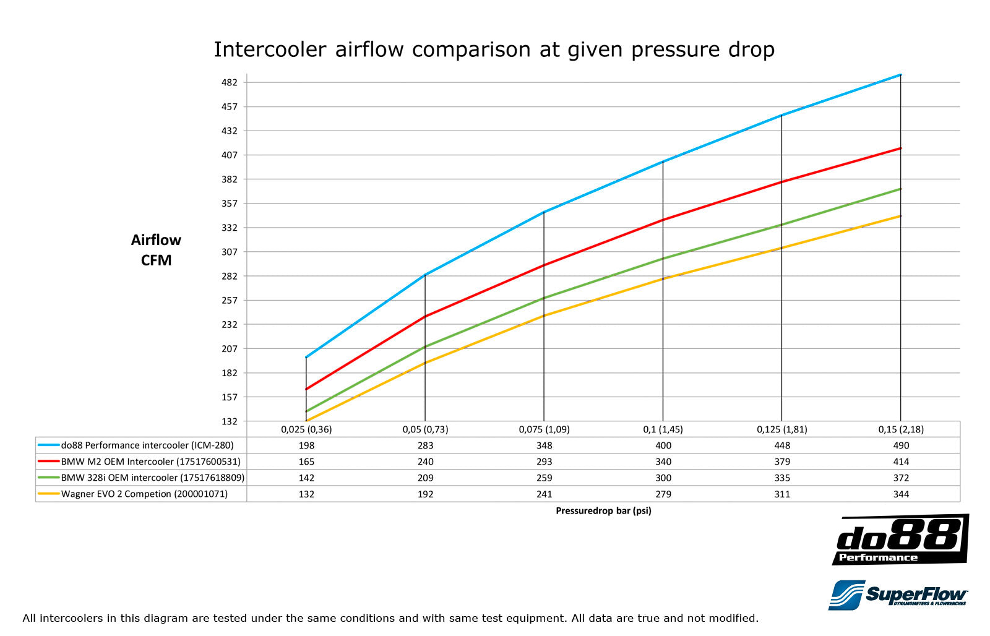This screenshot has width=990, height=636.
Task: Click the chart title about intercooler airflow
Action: click(x=494, y=49)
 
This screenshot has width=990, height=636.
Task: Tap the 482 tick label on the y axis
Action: click(x=230, y=82)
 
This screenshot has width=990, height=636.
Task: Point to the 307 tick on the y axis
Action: click(x=230, y=252)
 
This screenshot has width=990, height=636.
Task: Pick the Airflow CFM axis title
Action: click(x=156, y=250)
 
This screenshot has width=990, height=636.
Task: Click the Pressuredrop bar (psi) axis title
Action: click(x=603, y=510)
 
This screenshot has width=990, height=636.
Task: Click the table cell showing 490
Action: click(x=901, y=445)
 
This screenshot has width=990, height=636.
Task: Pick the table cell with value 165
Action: click(x=306, y=462)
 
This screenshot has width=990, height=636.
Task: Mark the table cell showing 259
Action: click(x=544, y=478)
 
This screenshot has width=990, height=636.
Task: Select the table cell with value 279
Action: click(x=663, y=494)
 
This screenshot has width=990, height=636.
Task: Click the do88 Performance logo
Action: click(x=900, y=540)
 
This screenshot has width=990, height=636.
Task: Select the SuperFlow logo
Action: click(x=898, y=595)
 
